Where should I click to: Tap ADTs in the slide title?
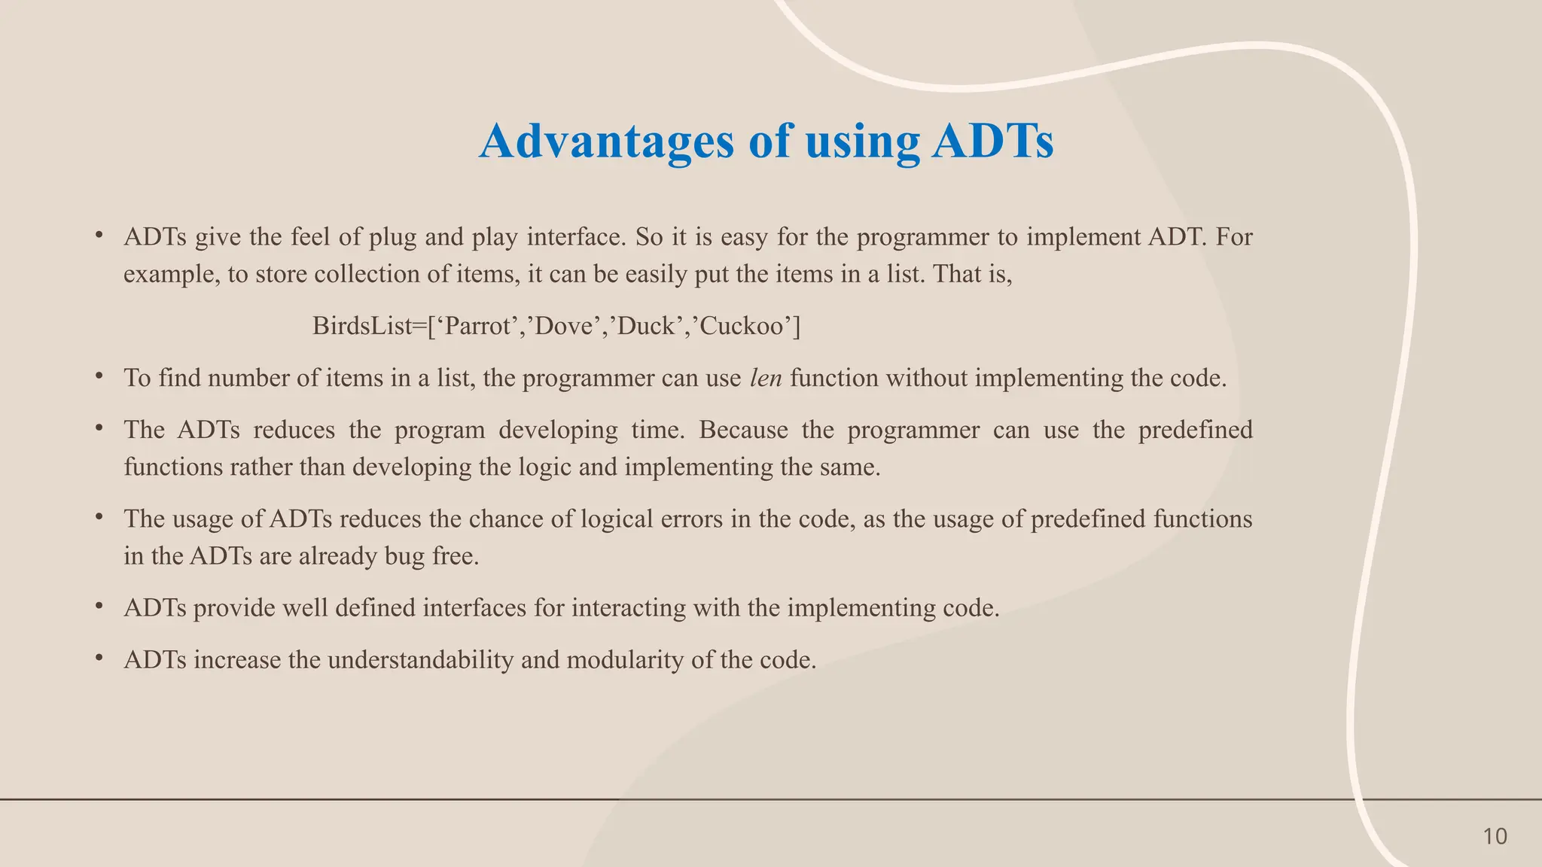coord(992,141)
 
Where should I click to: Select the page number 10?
coord(1495,836)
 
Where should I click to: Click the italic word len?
coord(766,378)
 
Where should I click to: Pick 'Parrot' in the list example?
coord(477,326)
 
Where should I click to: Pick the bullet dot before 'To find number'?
coord(99,375)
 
